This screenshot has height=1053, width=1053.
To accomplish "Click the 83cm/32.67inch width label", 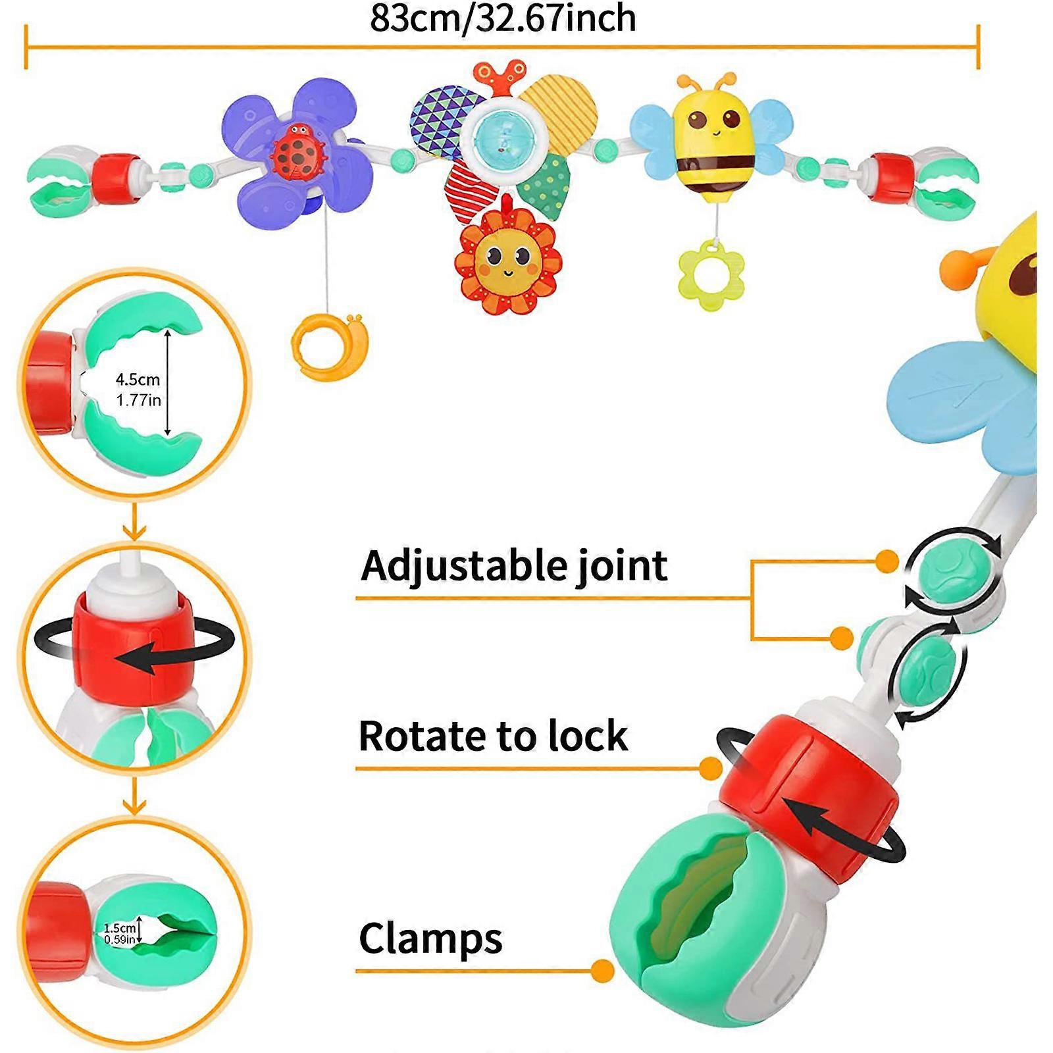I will tap(503, 18).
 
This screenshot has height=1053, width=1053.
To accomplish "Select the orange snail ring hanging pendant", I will tap(327, 347).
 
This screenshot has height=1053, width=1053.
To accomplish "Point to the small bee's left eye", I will tap(696, 120).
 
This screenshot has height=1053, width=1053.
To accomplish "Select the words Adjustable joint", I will tap(514, 566).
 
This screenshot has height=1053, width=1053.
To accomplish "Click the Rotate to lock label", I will tap(493, 735).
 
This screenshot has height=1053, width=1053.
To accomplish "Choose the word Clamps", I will tap(430, 938).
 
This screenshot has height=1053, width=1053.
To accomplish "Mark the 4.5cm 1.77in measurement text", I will tap(138, 389).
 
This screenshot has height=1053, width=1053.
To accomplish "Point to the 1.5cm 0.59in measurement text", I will tap(120, 934).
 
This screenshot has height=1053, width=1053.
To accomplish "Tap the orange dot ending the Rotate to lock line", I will tap(711, 768).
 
